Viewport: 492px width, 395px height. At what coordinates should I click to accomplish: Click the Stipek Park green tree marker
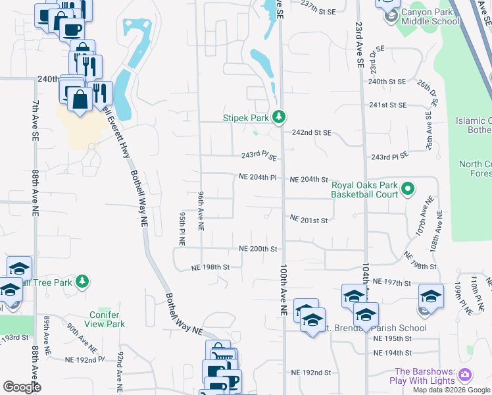coord(280,117)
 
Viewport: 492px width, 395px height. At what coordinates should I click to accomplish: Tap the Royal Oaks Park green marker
coord(407,190)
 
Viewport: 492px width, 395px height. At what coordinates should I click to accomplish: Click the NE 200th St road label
coord(258,250)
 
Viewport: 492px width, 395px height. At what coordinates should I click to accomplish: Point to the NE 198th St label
coord(210,268)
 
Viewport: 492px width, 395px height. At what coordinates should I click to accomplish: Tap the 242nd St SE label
coord(312,133)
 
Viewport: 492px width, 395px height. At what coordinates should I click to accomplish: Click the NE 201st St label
coord(308,219)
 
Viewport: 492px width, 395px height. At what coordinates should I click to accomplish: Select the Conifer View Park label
coord(107,319)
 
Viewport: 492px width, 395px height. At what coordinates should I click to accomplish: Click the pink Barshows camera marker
coord(466,375)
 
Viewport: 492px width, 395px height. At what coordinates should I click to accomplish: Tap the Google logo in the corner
coord(22,387)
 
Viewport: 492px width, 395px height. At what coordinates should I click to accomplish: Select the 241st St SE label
coord(387,105)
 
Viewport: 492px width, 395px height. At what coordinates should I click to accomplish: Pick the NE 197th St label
coord(391,282)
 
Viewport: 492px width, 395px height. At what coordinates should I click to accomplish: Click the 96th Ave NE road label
coord(200,211)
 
